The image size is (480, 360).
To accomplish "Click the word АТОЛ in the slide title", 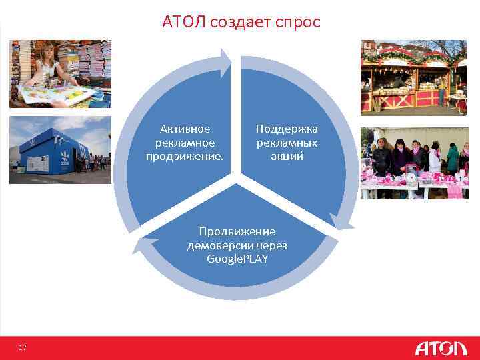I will pyautogui.click(x=183, y=23).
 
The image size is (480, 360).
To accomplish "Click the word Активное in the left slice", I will pyautogui.click(x=185, y=129).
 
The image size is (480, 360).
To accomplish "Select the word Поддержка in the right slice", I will pyautogui.click(x=287, y=129).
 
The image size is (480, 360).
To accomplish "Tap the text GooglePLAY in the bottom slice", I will pyautogui.click(x=237, y=259).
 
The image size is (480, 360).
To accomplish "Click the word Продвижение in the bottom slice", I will pyautogui.click(x=237, y=231).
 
